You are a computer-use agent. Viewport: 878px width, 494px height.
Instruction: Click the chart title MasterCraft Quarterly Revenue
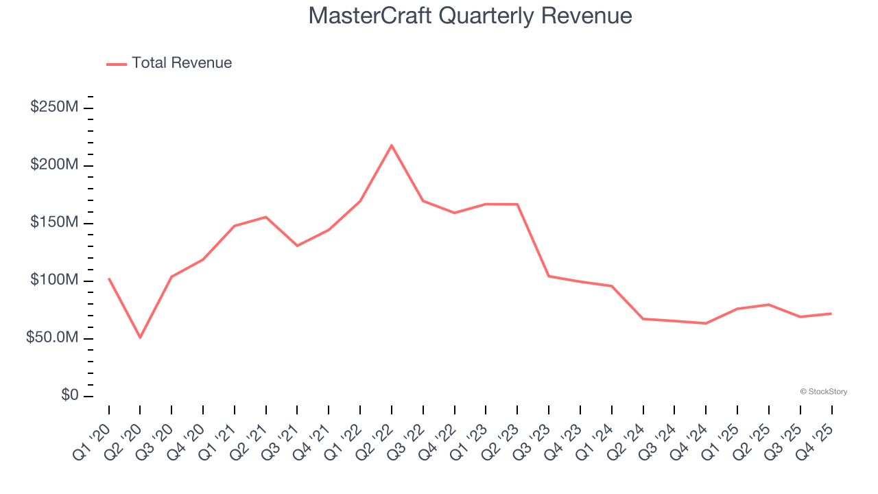pos(470,16)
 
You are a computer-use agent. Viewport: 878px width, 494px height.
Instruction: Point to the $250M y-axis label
pos(54,108)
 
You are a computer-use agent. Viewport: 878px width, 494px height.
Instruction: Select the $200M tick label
pos(54,165)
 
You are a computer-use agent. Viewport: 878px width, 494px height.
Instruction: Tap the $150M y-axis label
pos(54,223)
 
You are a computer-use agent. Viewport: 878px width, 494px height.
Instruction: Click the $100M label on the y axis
pos(54,281)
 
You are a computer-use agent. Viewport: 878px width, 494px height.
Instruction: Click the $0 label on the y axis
pos(69,396)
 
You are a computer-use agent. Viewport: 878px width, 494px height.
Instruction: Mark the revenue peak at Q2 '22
pos(392,145)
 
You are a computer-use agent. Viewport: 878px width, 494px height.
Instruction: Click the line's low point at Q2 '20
pos(140,338)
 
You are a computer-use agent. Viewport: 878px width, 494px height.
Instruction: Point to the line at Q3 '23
pos(549,276)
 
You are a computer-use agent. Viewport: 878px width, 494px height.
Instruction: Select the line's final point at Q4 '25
pos(831,314)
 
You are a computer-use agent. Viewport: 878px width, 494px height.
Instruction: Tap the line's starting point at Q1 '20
pos(109,279)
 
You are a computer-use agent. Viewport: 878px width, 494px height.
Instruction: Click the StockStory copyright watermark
pos(823,392)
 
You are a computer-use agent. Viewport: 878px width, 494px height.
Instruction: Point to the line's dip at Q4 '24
pos(706,323)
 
